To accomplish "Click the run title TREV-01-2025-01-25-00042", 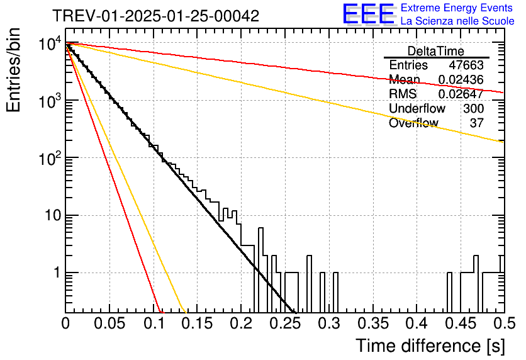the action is (156, 16).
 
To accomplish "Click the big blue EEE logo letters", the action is (369, 14).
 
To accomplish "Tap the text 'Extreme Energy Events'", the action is (457, 8).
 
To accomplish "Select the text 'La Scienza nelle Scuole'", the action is (457, 21).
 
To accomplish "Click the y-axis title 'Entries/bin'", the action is (13, 70).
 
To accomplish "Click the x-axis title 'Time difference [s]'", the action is (430, 346).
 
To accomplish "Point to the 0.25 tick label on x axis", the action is (285, 323).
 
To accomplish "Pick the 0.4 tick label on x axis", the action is (417, 323).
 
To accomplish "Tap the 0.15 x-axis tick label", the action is (197, 323).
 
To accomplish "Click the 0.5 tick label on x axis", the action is (504, 323).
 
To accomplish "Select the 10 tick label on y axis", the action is (53, 215).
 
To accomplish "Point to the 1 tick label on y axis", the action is (57, 273).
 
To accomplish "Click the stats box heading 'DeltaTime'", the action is (436, 51).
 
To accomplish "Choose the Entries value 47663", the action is (466, 65).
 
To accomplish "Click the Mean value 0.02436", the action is (461, 79).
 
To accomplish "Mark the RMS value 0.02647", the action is (461, 94).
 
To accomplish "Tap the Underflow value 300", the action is (473, 108).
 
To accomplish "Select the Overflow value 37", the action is (477, 123).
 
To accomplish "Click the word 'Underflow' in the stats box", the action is (417, 108).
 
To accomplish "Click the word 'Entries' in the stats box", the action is (408, 65).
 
